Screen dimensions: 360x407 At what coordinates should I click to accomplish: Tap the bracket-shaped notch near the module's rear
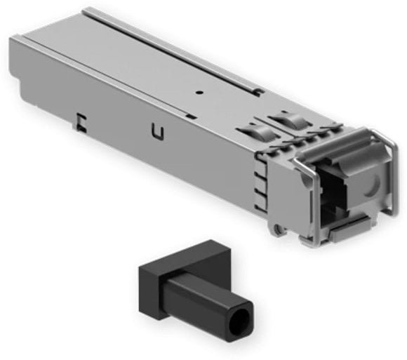point(82,121)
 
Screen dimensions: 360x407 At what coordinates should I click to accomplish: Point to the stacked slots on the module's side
point(260,185)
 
